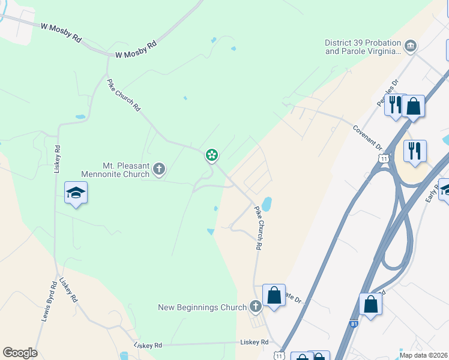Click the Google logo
20,353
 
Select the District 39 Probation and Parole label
363,47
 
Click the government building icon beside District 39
411,46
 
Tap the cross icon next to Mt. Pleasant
159,169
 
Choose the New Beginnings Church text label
202,307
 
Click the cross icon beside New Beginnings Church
255,307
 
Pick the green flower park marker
212,155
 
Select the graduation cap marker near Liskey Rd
76,193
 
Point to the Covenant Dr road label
367,137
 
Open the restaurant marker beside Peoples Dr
395,105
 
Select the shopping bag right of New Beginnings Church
274,295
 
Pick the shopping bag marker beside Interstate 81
370,304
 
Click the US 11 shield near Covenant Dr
383,157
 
